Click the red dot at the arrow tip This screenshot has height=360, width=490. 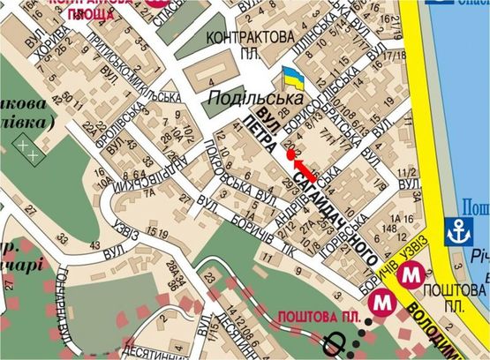pos(291,155)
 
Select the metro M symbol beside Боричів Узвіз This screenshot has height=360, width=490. pos(410,274)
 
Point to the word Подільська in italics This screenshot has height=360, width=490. pos(244,98)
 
